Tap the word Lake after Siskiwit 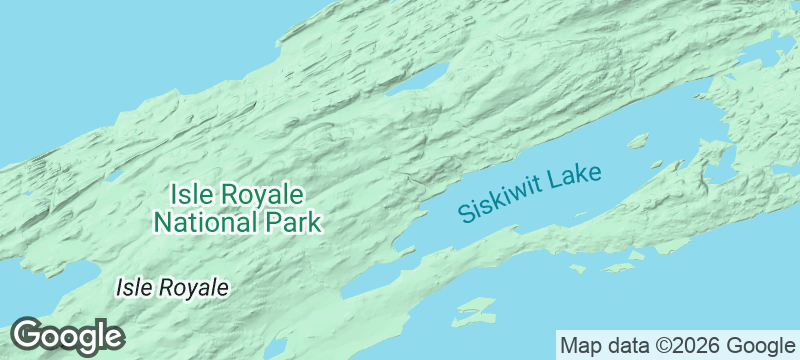(578, 177)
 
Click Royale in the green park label (259, 193)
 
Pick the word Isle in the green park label (189, 193)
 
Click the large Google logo (67, 336)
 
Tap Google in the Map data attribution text (761, 346)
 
